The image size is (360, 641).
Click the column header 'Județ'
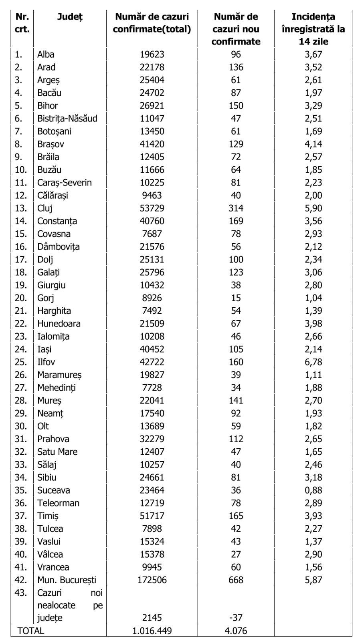70,17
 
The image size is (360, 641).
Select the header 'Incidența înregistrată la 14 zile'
313,29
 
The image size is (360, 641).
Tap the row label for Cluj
45,208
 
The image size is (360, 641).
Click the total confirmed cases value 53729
152,208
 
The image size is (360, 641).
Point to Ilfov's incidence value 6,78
313,362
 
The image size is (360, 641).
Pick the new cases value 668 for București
236,580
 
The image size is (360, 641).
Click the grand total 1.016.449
152,631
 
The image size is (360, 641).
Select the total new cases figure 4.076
236,631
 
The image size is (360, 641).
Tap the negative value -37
236,618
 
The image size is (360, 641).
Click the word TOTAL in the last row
30,631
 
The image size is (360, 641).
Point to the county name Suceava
54,490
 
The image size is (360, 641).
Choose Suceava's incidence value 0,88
313,490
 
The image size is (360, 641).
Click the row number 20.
21,298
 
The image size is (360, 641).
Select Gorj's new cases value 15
236,298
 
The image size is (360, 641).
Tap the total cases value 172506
152,580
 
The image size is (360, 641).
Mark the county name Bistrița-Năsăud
67,119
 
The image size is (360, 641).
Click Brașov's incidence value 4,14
313,144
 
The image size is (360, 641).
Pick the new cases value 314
236,208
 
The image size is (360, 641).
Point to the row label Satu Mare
57,452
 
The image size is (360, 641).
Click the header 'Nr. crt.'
22,23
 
